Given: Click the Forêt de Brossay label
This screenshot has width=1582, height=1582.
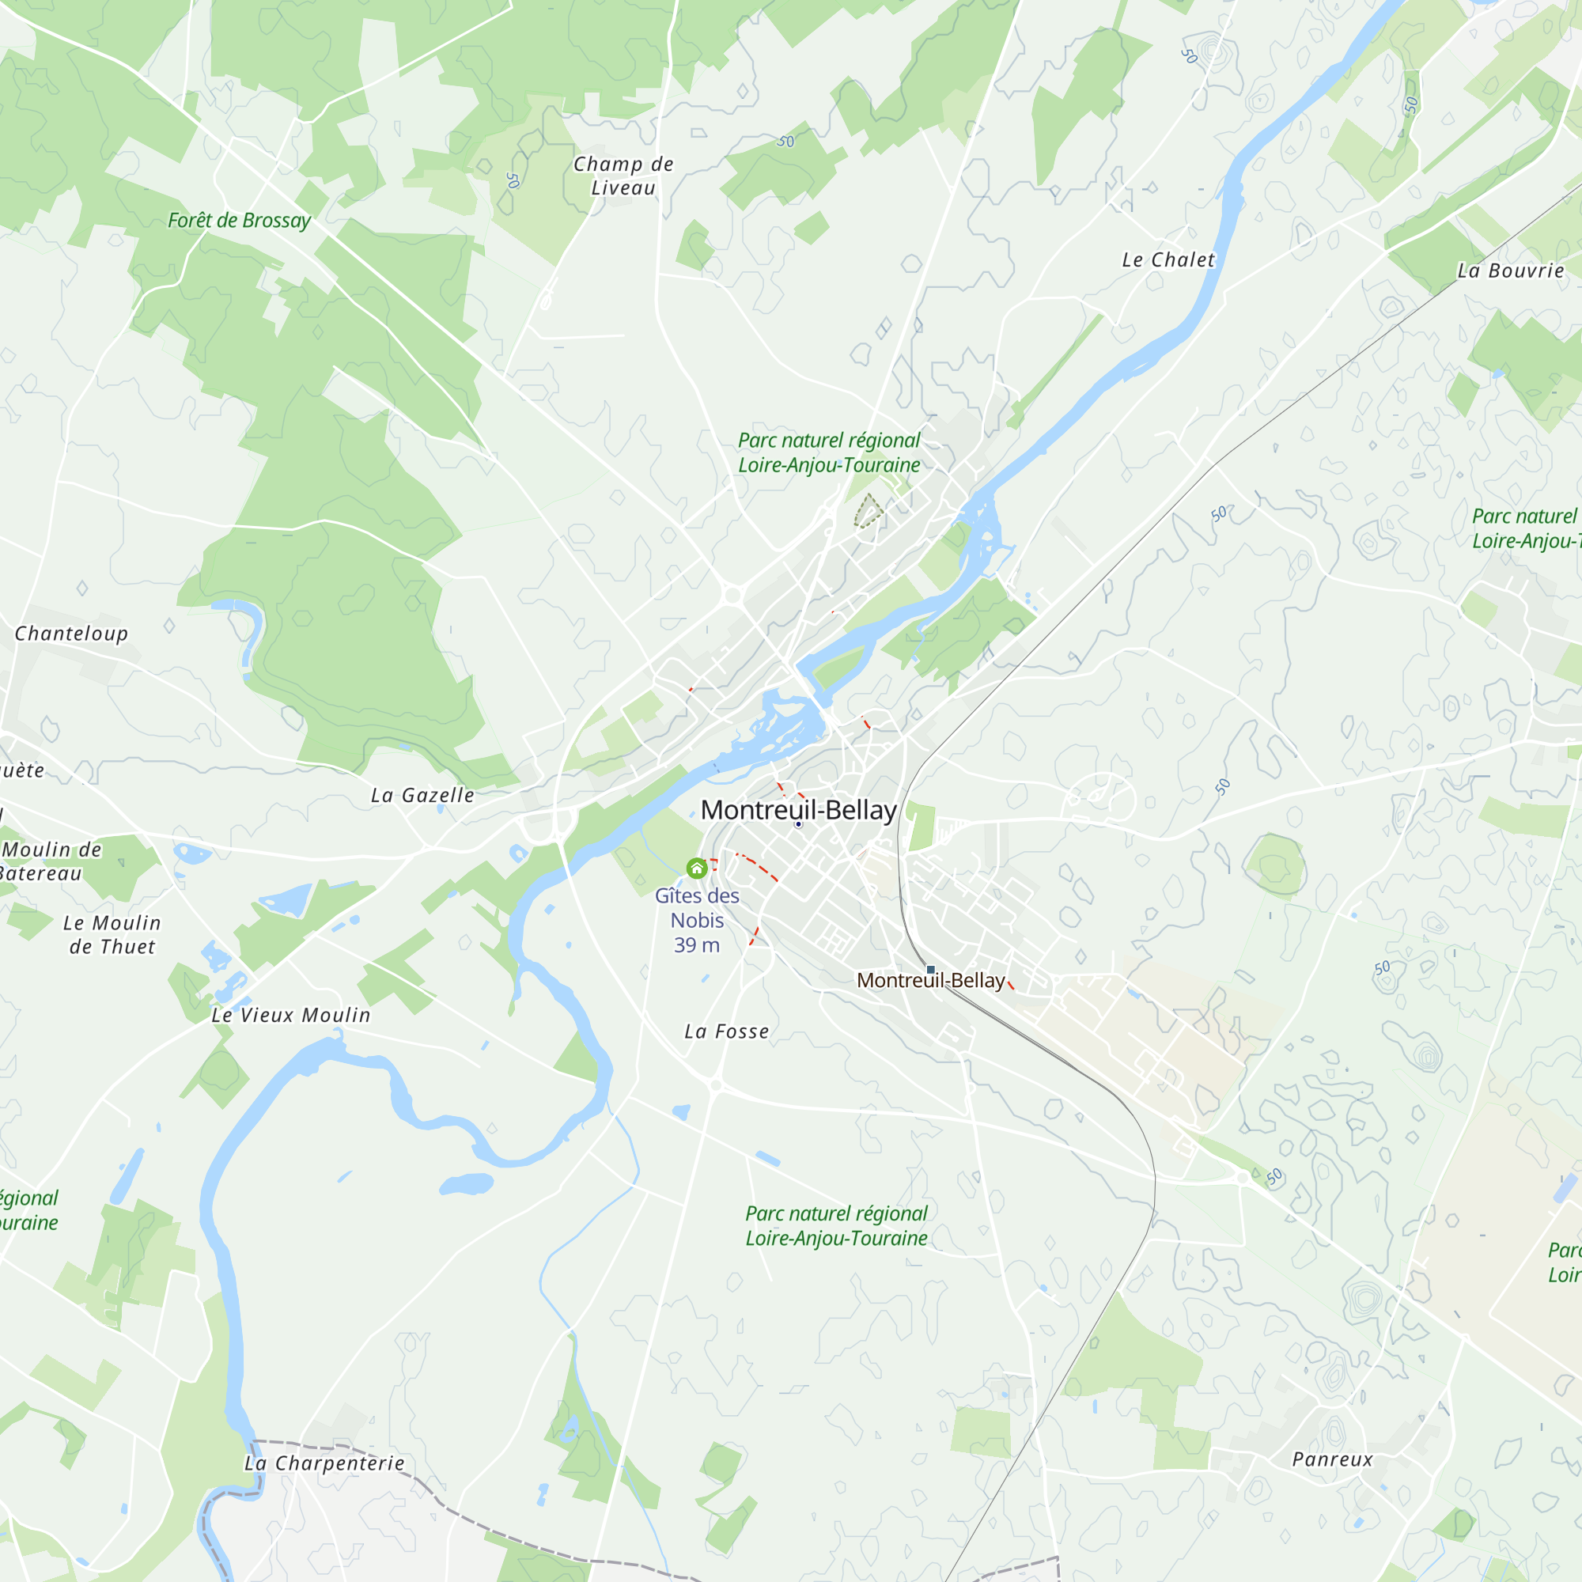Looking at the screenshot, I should coord(239,220).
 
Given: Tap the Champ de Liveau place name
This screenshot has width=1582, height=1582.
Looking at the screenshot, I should coord(623,176).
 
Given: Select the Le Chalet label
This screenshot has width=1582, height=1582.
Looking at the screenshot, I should coord(1168,260).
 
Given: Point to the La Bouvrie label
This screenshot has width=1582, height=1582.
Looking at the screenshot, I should coord(1511,271).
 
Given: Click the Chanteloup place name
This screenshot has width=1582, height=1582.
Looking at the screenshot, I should coord(71,634).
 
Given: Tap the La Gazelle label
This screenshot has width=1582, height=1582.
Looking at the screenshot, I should coord(422,796).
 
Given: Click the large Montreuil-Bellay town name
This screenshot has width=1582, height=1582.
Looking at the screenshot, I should coord(798,810).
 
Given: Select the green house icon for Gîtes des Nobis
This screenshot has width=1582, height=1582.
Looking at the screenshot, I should coord(697,868).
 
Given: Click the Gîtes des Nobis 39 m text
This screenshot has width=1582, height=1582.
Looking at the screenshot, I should coord(697,921).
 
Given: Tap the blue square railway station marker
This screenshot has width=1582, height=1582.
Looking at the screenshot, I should coord(930,970).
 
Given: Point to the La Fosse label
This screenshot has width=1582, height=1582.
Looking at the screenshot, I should coord(727,1031).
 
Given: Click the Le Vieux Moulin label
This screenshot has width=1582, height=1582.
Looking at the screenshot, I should coord(290,1016).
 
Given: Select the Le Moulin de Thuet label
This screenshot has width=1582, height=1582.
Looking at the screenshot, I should coord(112,935).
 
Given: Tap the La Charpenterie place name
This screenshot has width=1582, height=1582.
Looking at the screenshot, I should coord(324,1463).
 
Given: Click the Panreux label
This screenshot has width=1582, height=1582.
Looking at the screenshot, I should coord(1332,1459).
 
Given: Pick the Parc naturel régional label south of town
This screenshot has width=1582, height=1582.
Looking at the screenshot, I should coord(836,1226).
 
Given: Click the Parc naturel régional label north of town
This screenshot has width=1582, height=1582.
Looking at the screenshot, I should coord(829,452).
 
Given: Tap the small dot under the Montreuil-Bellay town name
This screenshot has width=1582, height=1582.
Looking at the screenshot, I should coord(798,824).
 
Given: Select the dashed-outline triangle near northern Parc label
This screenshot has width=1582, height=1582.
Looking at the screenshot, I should coord(868,512).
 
